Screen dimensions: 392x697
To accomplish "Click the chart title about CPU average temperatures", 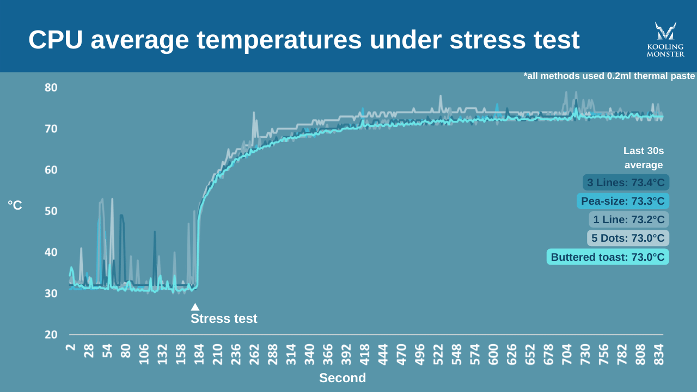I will pyautogui.click(x=304, y=40).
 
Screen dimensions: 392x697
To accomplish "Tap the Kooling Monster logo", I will pyautogui.click(x=665, y=39).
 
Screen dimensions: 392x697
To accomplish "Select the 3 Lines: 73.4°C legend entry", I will pyautogui.click(x=626, y=182).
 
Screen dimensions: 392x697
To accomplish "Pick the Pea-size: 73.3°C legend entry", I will pyautogui.click(x=623, y=201).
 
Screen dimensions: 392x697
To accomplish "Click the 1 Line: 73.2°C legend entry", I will pyautogui.click(x=629, y=219).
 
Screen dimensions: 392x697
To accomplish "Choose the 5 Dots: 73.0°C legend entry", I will pyautogui.click(x=628, y=238).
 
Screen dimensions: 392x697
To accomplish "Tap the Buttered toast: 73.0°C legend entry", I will pyautogui.click(x=608, y=257).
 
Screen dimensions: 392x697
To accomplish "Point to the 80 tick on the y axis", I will pyautogui.click(x=51, y=88).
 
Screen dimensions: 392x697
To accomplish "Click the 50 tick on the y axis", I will pyautogui.click(x=51, y=211).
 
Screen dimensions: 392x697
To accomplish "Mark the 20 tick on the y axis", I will pyautogui.click(x=51, y=334).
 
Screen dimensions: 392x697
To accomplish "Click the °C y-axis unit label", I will pyautogui.click(x=15, y=205).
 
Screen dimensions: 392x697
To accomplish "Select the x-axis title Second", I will pyautogui.click(x=343, y=378).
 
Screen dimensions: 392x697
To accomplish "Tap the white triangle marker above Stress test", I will pyautogui.click(x=195, y=307).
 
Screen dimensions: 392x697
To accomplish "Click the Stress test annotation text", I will pyautogui.click(x=224, y=318).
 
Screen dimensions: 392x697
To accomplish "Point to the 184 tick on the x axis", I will pyautogui.click(x=199, y=354).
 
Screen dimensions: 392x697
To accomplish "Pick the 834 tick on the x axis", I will pyautogui.click(x=659, y=354).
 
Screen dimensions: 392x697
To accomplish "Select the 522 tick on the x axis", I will pyautogui.click(x=438, y=354).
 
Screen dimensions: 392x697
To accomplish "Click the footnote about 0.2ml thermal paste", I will pyautogui.click(x=609, y=76).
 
